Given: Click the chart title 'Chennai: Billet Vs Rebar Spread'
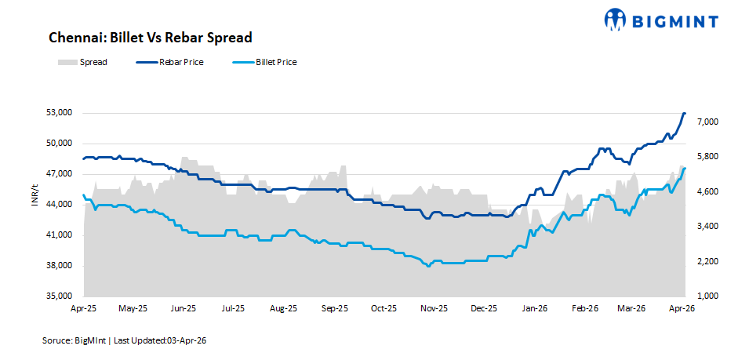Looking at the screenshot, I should click(x=150, y=38).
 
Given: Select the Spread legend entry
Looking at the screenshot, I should click(x=93, y=62).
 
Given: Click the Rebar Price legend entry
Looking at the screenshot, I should click(x=180, y=62).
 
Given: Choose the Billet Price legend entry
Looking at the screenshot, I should click(x=275, y=62).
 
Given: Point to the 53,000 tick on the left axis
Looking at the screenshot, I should click(x=60, y=113).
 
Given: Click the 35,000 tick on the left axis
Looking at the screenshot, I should click(x=60, y=296).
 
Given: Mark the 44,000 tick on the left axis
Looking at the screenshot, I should click(x=60, y=205).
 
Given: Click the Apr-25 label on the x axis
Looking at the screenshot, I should click(x=82, y=309).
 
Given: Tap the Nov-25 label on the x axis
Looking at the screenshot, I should click(x=434, y=309).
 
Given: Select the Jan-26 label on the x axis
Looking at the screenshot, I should click(x=535, y=309).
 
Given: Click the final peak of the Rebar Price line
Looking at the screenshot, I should click(x=684, y=114).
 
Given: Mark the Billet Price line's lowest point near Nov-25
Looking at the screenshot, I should click(x=428, y=267).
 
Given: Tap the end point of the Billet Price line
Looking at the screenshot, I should click(x=685, y=169).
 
